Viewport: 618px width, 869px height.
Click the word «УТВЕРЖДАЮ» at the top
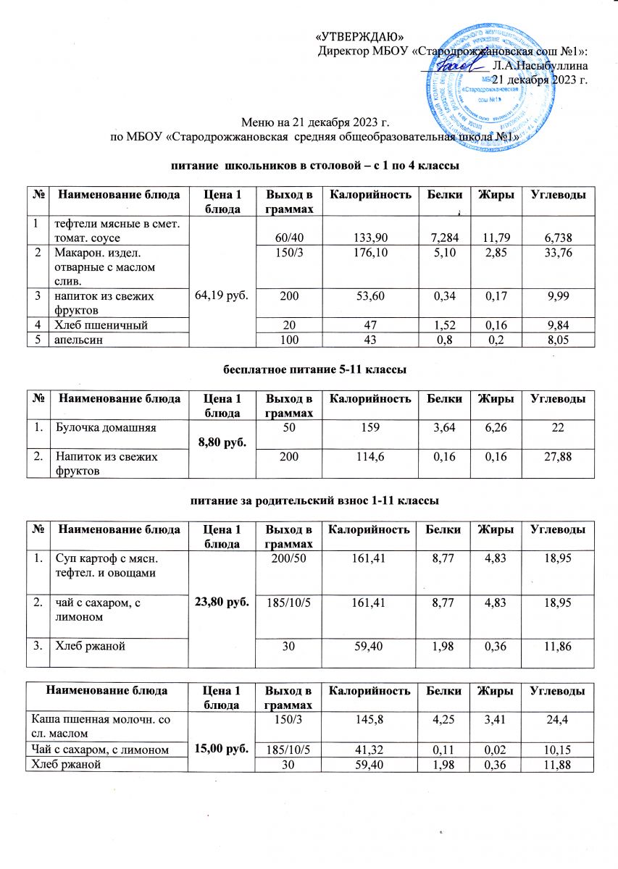(360, 38)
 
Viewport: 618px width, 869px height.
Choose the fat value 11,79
(496, 237)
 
